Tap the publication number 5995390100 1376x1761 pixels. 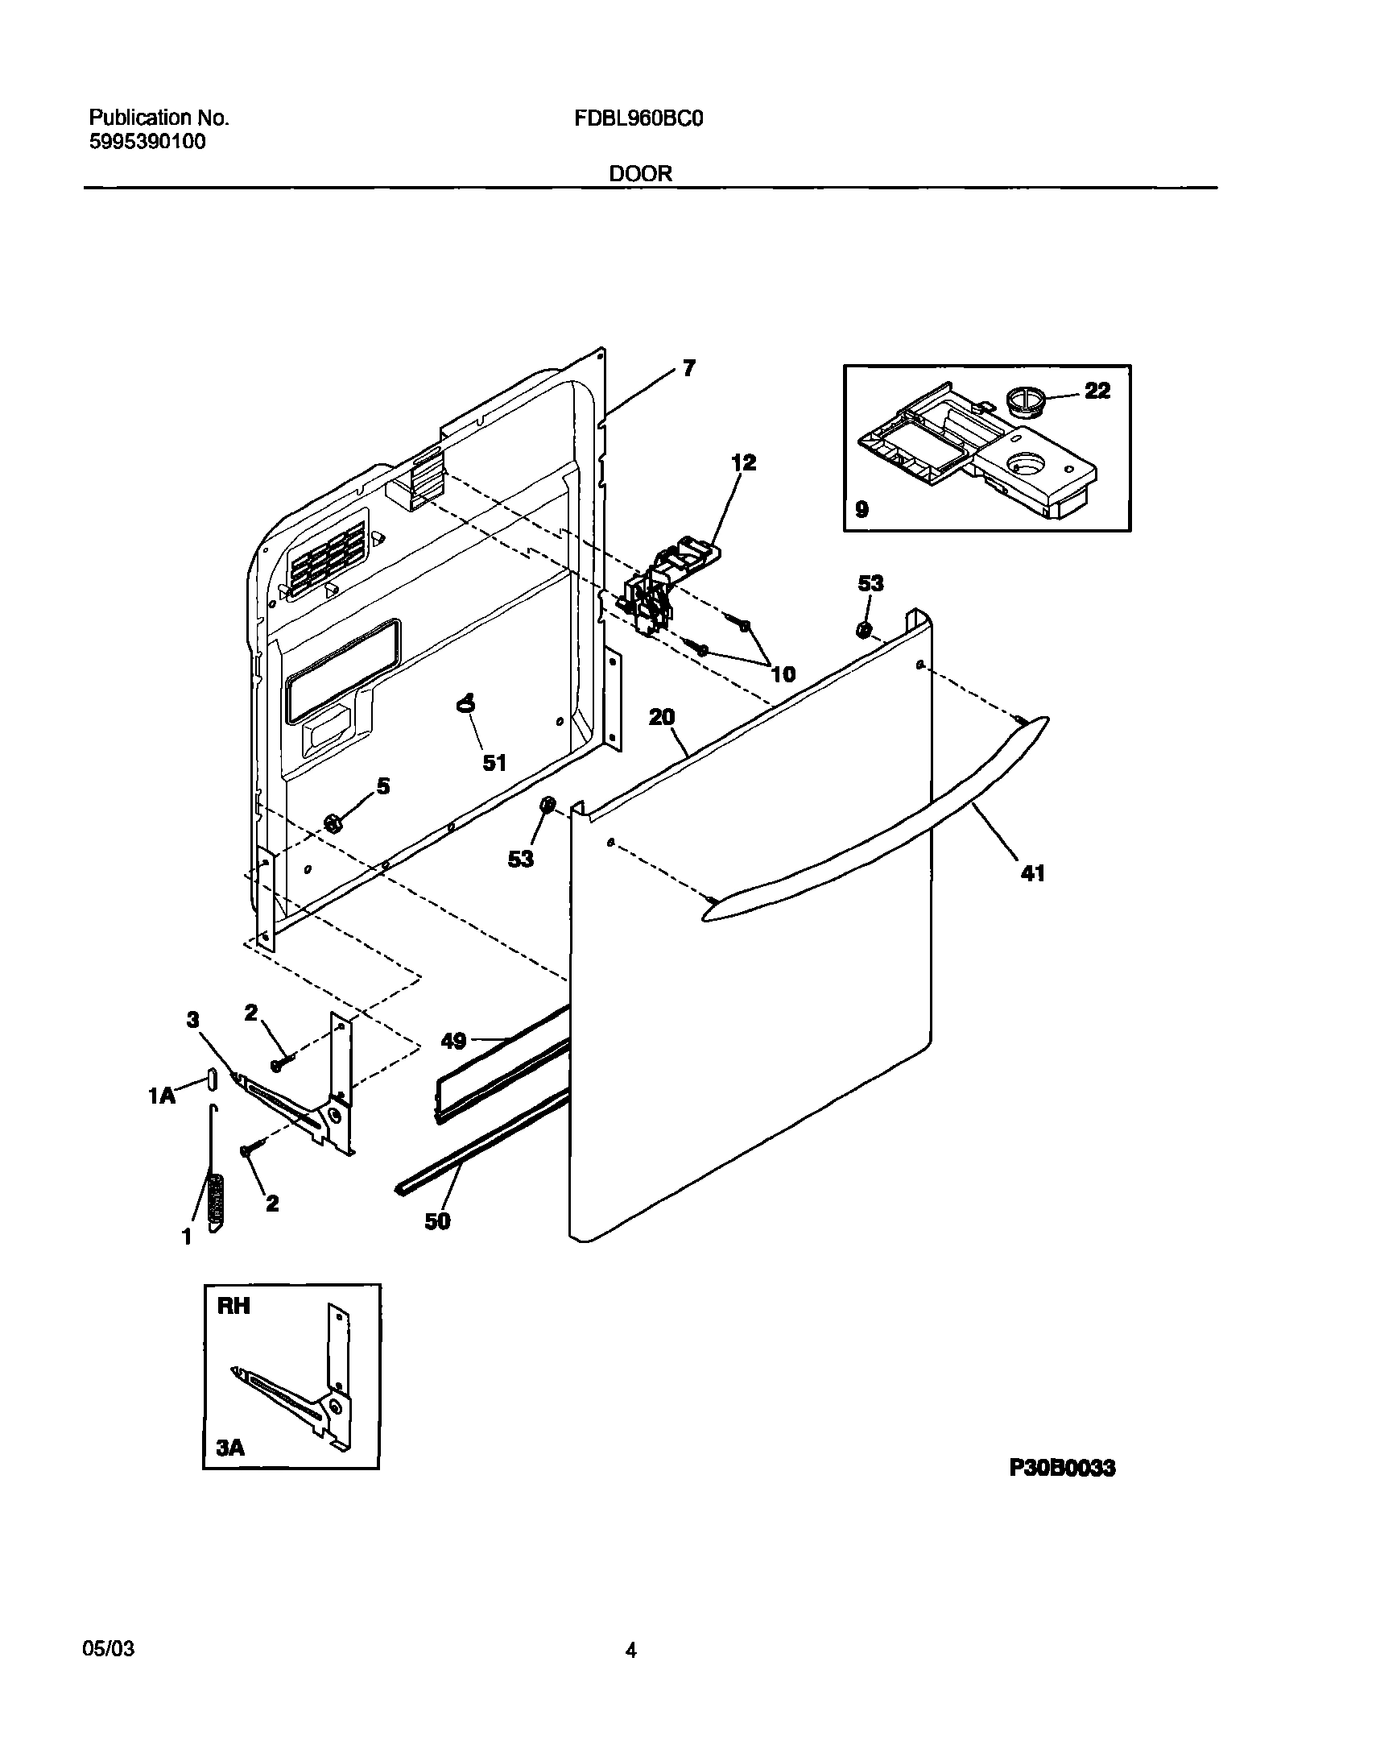pos(147,142)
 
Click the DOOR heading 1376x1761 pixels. pos(640,173)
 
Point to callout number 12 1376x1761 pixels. pos(743,463)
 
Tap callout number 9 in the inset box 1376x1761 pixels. pos(862,510)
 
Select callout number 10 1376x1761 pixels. pos(783,674)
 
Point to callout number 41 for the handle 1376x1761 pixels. pos(1033,872)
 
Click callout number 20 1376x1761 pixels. pos(662,717)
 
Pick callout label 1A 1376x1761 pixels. pos(162,1095)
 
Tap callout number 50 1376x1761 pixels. pos(437,1221)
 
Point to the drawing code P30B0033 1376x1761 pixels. pos(1062,1468)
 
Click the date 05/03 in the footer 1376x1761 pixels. pos(109,1649)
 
